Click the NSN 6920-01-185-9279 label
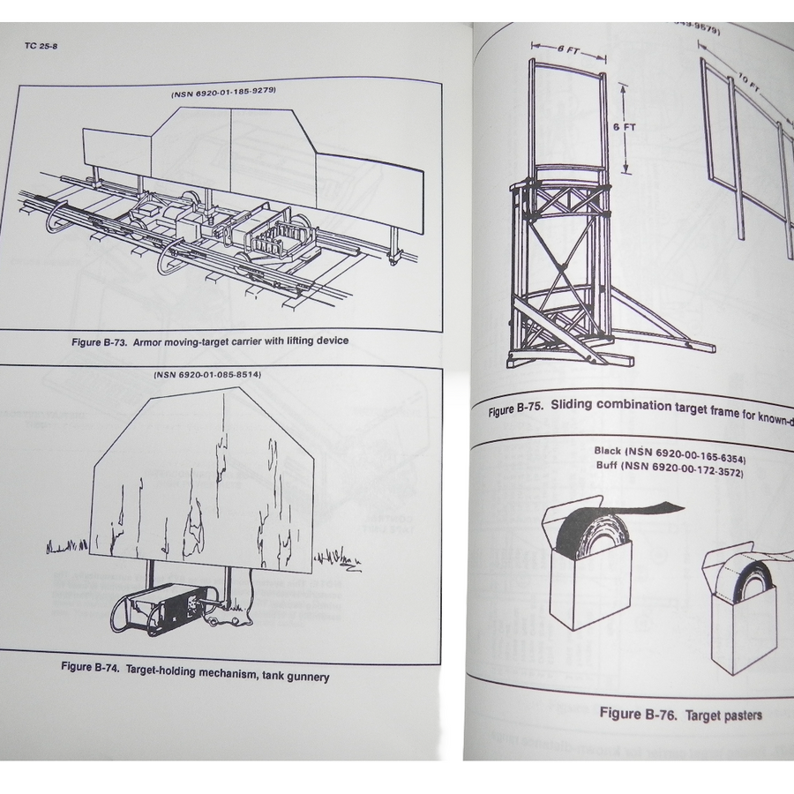(x=229, y=94)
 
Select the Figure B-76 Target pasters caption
(x=680, y=713)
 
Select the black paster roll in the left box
(x=592, y=539)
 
